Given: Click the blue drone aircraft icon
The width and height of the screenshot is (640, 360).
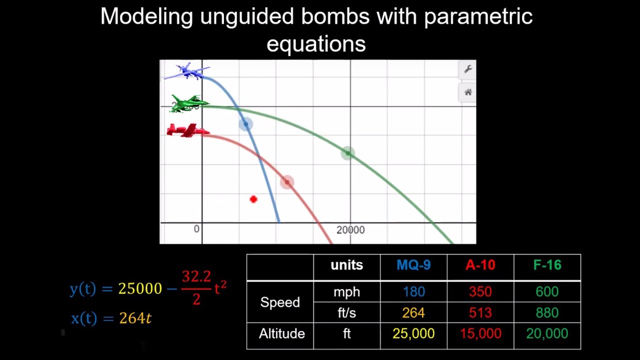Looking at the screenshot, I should pos(186,71).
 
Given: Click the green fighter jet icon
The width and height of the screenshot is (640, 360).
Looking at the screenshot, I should pos(189,103).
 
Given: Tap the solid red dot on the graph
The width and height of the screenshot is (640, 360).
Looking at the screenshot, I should pos(253,199).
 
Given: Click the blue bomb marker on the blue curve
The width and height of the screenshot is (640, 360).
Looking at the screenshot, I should pos(245,124).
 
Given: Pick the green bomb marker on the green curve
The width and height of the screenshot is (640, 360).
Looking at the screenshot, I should pos(348,153).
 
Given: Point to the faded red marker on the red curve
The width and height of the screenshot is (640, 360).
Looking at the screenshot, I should pos(287,182).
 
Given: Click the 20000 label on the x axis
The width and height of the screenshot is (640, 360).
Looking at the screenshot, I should pos(350,230).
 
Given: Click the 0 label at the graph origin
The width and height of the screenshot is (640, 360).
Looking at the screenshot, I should pos(196,229).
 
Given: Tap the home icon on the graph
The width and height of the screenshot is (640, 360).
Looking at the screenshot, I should pos(468,92).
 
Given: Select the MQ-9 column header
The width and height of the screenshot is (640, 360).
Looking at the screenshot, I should pos(413,265).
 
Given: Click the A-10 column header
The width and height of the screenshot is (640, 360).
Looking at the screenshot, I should pos(480,265).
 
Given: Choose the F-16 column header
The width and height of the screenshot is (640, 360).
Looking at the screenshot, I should pos(547,265).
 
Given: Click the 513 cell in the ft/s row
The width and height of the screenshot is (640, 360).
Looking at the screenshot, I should pos(480,313).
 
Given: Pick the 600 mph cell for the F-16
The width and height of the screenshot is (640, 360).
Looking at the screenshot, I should pos(547,292).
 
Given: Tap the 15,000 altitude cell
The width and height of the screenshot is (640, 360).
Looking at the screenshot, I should pos(480,334).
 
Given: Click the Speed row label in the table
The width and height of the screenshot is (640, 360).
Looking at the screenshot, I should pos(280,302).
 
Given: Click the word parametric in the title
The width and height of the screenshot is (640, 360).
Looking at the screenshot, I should pos(478,16).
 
